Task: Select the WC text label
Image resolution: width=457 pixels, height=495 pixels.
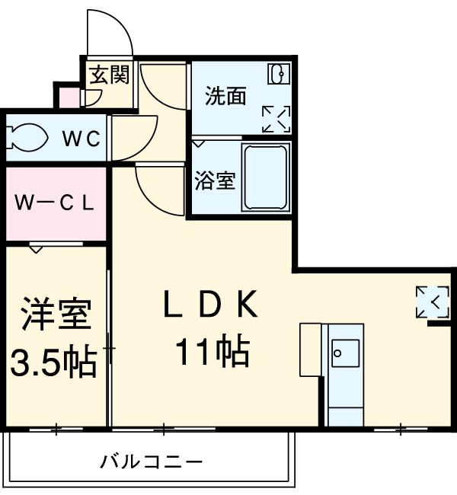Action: [81, 139]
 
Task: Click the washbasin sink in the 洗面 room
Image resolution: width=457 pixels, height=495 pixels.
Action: [278, 75]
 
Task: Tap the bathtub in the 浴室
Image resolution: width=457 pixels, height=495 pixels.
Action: [265, 177]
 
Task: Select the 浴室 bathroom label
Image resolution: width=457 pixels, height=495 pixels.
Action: [215, 181]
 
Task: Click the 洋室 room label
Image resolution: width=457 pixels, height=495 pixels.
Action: [56, 315]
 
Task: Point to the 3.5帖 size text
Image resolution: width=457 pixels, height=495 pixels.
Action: [53, 361]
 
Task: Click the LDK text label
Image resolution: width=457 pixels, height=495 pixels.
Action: [212, 306]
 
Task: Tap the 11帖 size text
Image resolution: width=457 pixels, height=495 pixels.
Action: [213, 352]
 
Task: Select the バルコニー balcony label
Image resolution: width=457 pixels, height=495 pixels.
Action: [151, 461]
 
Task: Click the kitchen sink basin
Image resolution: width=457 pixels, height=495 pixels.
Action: [345, 353]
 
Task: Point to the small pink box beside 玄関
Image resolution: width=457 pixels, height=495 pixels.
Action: [69, 98]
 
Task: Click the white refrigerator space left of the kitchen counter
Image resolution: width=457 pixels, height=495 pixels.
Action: [310, 350]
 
